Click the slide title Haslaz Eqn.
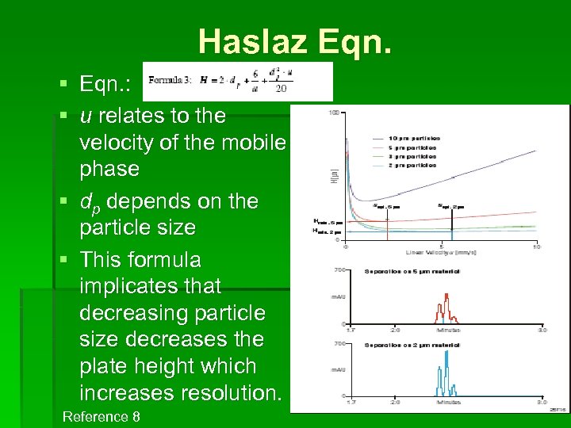(x=294, y=40)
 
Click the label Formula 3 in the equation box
(x=170, y=79)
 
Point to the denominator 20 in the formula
(x=281, y=89)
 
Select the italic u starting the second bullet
(x=85, y=116)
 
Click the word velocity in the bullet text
(x=118, y=143)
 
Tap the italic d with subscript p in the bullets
(x=90, y=202)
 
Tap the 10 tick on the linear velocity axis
(x=536, y=246)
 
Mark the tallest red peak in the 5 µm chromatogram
(x=446, y=297)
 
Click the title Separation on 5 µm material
(x=412, y=271)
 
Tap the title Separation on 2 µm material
(x=412, y=344)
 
